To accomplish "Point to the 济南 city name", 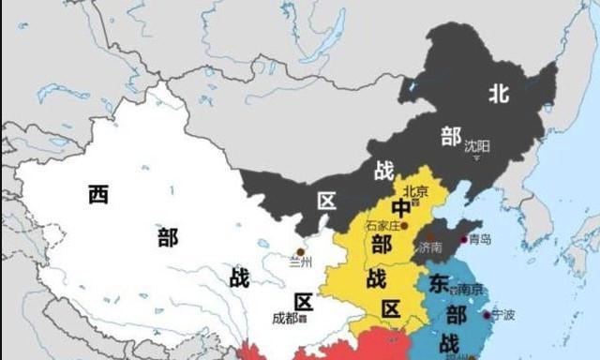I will click(x=430, y=247).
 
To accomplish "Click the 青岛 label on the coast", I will click(x=480, y=239).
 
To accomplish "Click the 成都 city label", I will click(x=285, y=318).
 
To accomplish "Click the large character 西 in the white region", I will click(x=97, y=194).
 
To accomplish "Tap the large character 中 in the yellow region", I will click(x=401, y=208).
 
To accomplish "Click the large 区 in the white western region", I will click(x=303, y=302).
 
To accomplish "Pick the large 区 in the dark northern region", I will click(x=327, y=201).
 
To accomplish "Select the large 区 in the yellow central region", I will click(x=390, y=309).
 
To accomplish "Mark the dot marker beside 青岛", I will click(x=463, y=239).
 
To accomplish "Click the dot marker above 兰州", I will click(x=300, y=251).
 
